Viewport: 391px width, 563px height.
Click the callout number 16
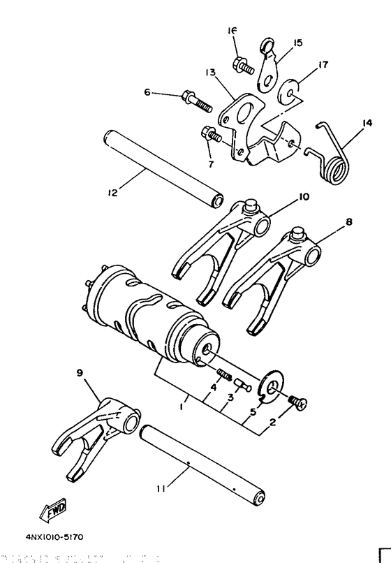pos(233,31)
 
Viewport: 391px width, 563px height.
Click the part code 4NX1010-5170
pos(55,537)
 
